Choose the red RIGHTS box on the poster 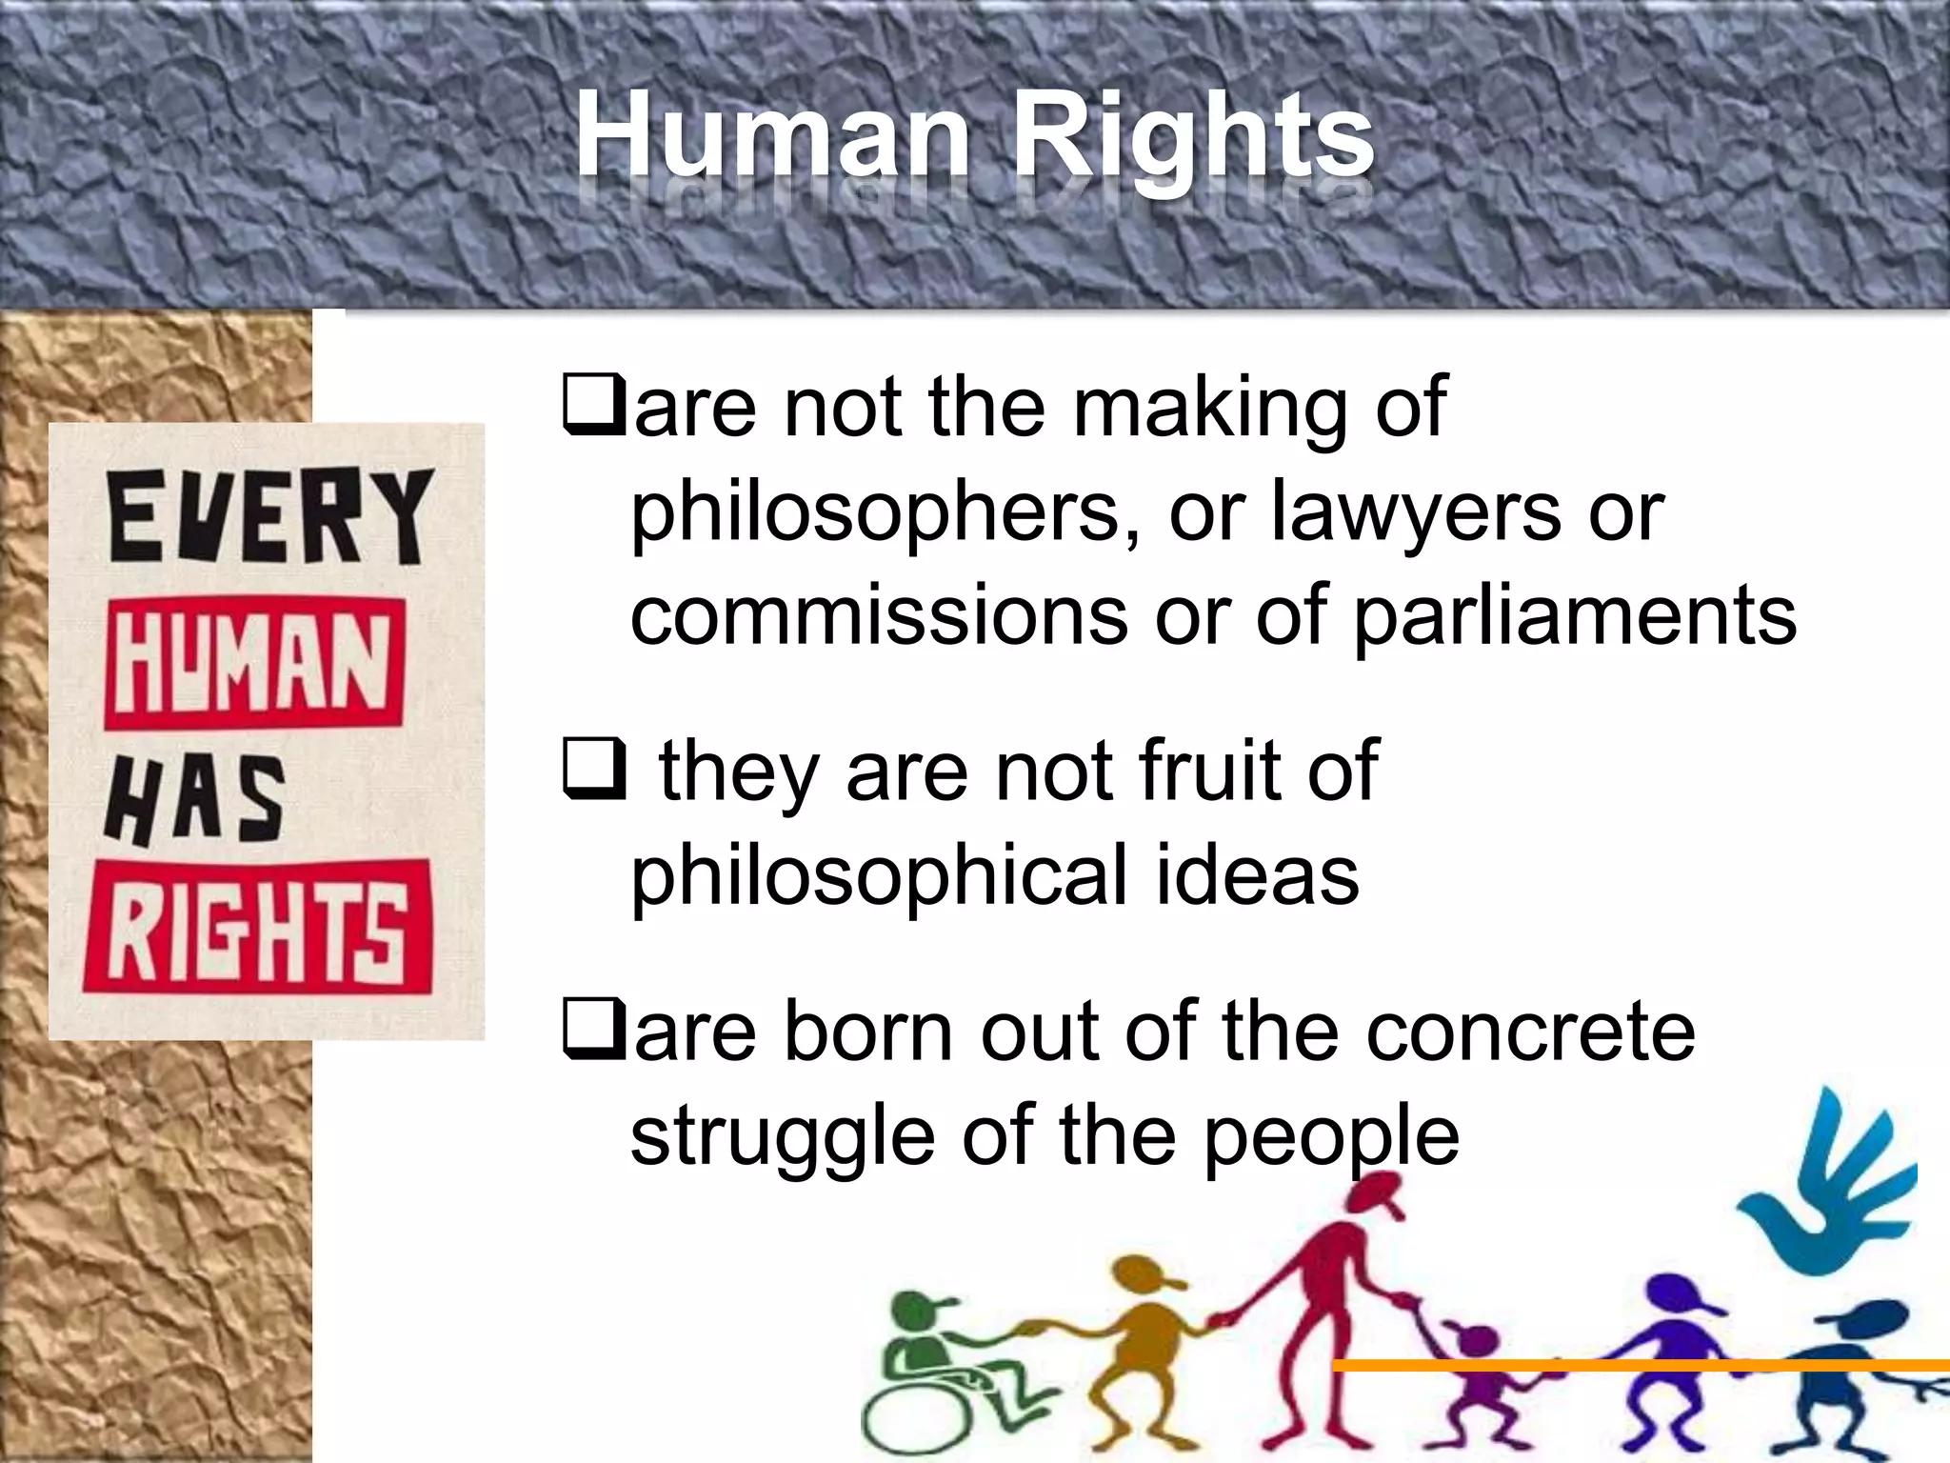click(x=258, y=927)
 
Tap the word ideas click(x=1257, y=876)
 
